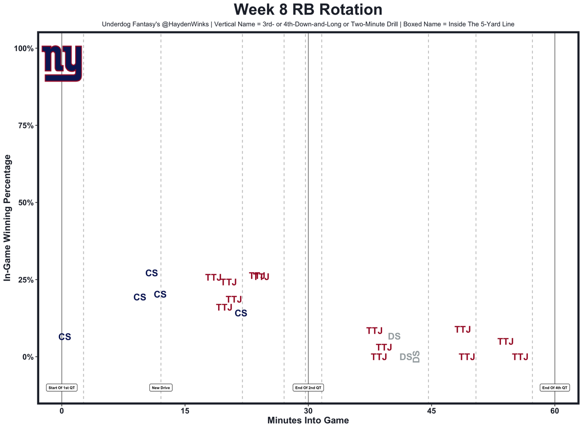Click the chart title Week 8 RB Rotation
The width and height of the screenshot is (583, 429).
[308, 10]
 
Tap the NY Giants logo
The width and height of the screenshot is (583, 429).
[61, 63]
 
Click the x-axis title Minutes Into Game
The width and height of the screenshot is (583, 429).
[308, 421]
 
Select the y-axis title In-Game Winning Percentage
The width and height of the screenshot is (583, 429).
[7, 218]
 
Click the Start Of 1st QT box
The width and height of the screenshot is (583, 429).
[62, 388]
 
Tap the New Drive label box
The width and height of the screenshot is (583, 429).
[161, 388]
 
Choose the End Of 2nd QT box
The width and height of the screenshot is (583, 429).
[308, 388]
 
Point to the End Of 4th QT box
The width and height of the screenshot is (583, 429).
[555, 388]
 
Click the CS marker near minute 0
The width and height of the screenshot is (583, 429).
[65, 337]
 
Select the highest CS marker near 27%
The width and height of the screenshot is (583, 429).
[152, 273]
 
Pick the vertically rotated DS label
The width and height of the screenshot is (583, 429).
[416, 357]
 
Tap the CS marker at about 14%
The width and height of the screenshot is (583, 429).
[241, 313]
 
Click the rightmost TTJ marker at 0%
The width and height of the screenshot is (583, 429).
[520, 357]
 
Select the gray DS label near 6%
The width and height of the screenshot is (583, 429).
[394, 337]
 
